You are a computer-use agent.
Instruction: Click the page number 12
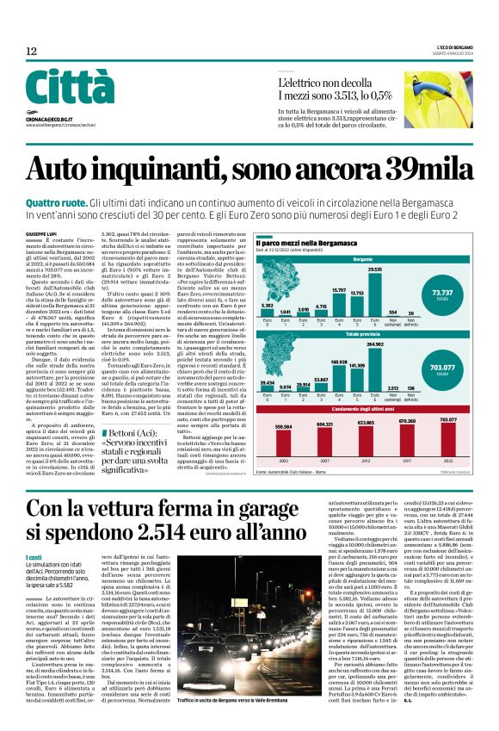click(x=31, y=52)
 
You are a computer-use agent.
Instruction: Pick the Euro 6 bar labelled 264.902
click(x=374, y=362)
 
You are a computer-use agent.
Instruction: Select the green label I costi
click(x=35, y=560)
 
